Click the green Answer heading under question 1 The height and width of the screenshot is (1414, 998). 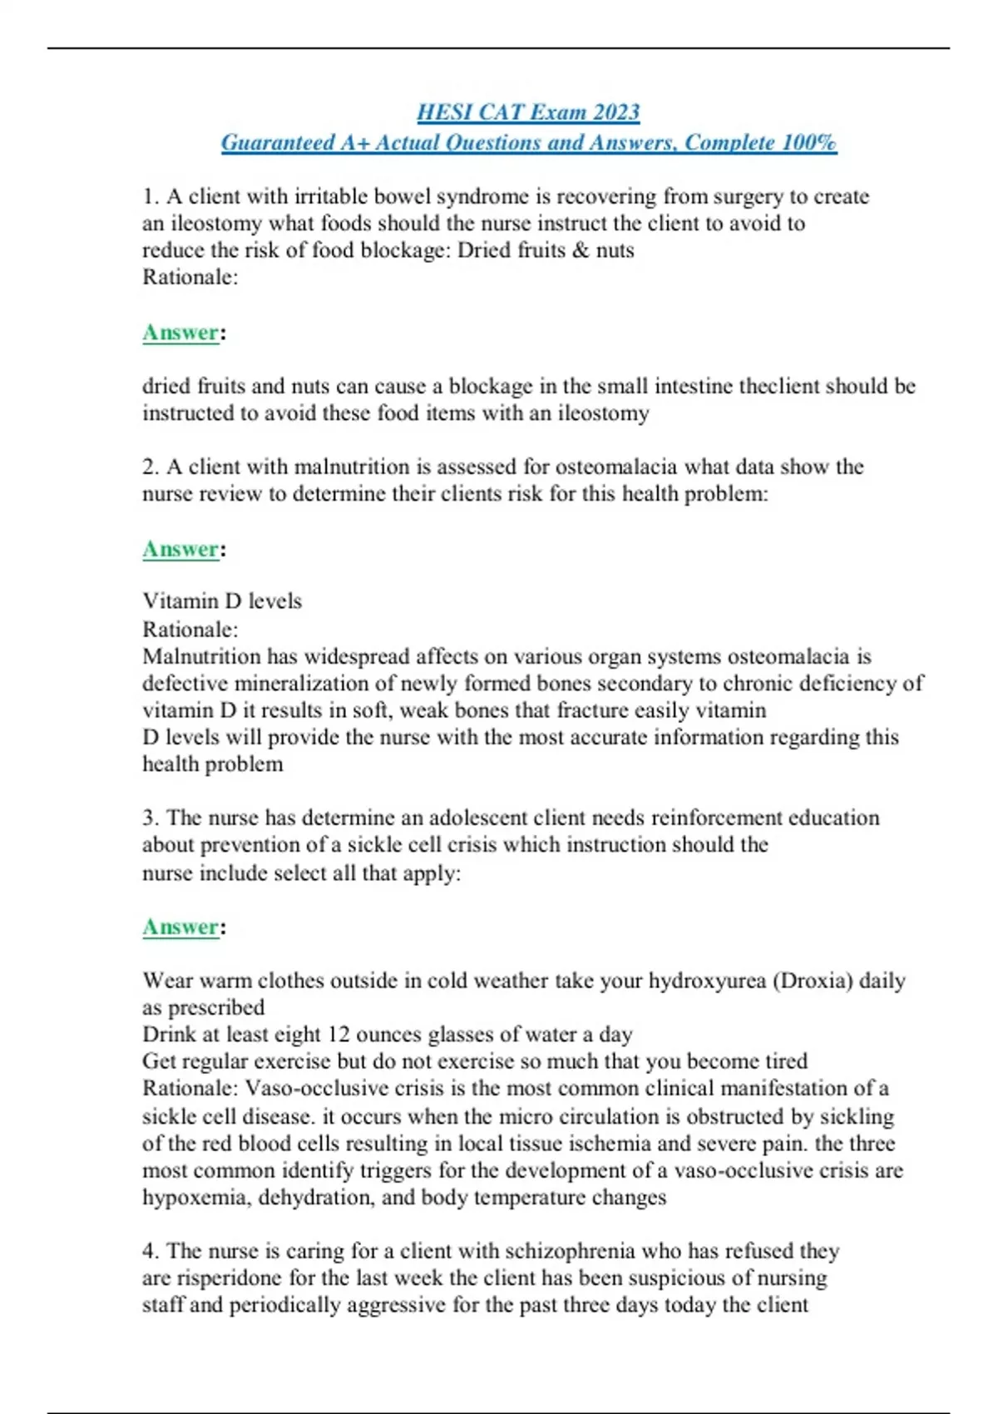(180, 333)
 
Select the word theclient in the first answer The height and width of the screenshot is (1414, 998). (788, 386)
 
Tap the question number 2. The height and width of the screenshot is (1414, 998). (150, 467)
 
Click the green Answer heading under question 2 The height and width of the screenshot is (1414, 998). (180, 549)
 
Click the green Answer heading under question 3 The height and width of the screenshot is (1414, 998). (180, 927)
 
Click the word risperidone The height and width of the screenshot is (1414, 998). (233, 1278)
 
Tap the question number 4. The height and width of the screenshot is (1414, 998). (150, 1251)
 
